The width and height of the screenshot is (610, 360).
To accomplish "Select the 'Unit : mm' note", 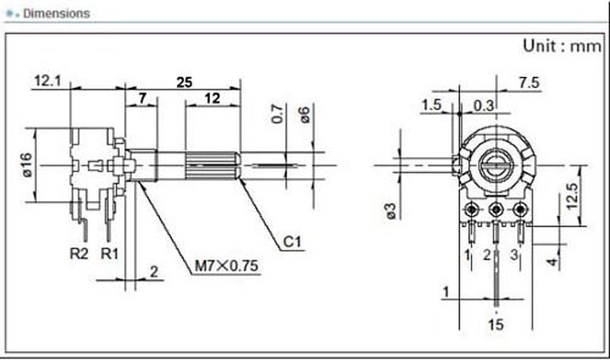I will tap(561, 46).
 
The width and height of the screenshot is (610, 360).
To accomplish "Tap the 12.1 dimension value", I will tap(47, 80).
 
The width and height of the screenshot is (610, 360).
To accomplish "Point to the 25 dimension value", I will tap(184, 83).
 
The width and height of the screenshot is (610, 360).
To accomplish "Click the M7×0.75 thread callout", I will tap(227, 266).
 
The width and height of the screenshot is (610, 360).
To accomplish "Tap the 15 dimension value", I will tap(497, 325).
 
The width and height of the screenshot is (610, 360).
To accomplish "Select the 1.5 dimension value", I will tap(431, 105).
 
